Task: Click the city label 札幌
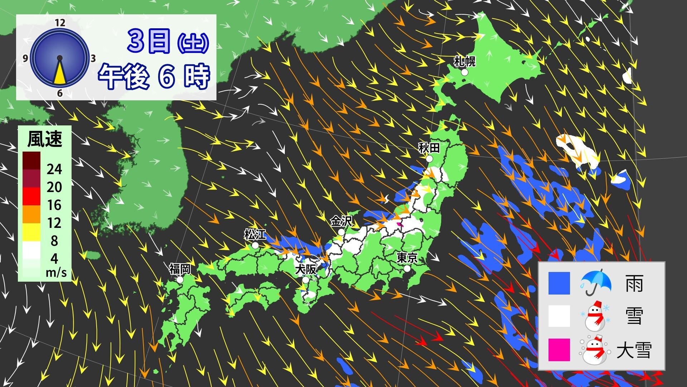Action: (464, 62)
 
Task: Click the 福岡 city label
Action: (180, 269)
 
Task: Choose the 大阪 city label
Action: (306, 269)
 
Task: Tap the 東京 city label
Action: (407, 258)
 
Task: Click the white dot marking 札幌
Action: (464, 72)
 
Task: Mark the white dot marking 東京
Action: (407, 268)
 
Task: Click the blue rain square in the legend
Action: (559, 283)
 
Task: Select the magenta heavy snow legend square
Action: (559, 350)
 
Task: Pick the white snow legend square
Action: (559, 316)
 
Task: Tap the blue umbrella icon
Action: (595, 282)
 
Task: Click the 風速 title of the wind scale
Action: (45, 139)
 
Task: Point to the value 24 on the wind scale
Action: (54, 169)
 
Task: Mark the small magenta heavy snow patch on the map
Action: (400, 224)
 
